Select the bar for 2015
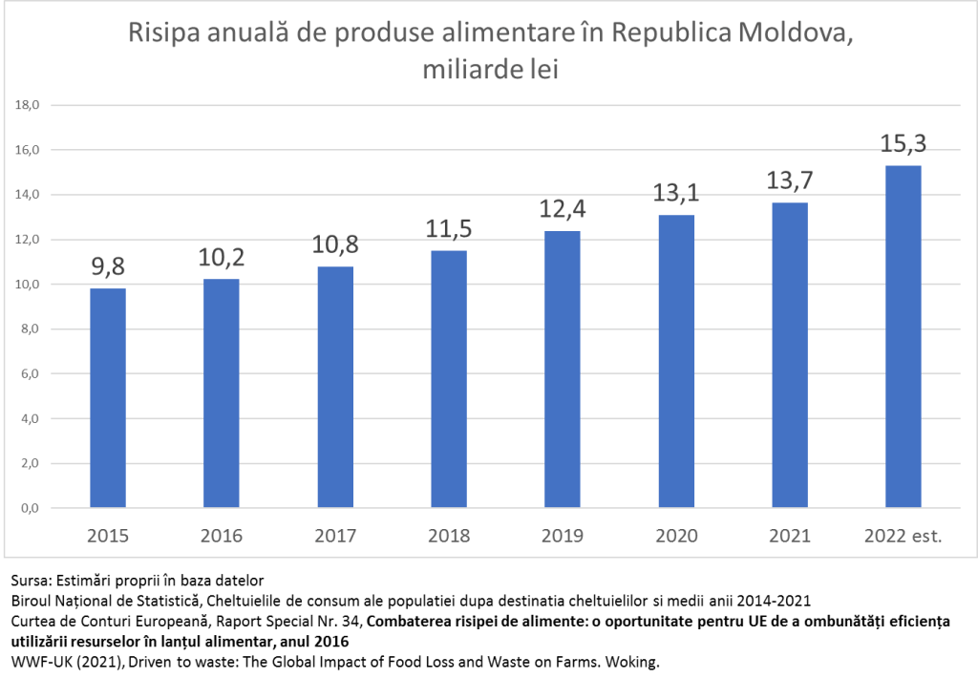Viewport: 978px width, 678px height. (108, 397)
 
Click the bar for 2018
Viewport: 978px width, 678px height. (448, 378)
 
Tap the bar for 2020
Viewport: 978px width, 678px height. (675, 361)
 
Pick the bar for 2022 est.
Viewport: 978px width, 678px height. (903, 336)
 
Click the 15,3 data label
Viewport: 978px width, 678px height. (903, 145)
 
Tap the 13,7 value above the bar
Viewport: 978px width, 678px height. (789, 181)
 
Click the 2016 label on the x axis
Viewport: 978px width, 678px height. (222, 536)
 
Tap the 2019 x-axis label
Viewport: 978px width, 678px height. (562, 536)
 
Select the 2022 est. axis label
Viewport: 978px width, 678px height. (903, 536)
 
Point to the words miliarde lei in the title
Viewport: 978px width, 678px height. (489, 69)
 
